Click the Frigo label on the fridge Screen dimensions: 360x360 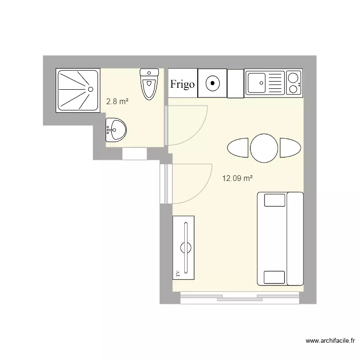(182, 84)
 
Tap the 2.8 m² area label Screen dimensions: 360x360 (117, 101)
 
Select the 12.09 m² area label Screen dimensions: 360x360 (237, 179)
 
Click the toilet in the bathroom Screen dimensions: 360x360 (149, 84)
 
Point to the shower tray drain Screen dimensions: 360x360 (90, 89)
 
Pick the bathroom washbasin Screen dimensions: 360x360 (116, 130)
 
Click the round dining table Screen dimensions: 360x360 (264, 147)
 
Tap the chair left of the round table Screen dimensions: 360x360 (237, 147)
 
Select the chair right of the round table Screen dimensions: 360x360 (290, 147)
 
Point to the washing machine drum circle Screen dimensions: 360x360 (212, 84)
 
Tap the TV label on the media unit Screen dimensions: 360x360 (178, 273)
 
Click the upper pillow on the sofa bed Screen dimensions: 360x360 (274, 199)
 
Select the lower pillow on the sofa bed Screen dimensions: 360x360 (274, 277)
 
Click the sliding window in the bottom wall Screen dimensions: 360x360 (240, 298)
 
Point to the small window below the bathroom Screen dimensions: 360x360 (134, 154)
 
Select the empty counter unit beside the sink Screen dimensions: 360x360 (236, 84)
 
